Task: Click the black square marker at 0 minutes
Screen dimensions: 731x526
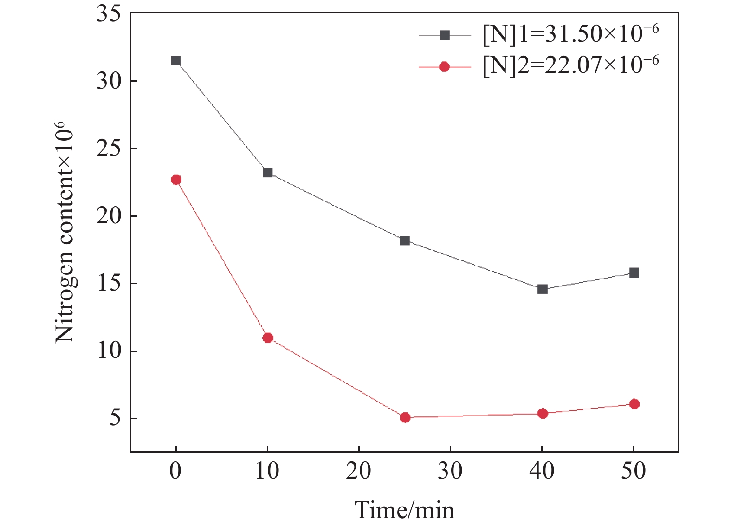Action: click(x=175, y=61)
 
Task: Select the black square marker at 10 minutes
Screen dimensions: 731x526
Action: click(x=268, y=173)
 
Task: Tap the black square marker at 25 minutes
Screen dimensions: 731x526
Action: click(x=405, y=241)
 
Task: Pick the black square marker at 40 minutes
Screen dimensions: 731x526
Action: click(x=543, y=289)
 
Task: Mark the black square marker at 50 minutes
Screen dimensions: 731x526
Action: click(x=634, y=273)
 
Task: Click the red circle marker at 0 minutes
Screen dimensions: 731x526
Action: click(x=176, y=180)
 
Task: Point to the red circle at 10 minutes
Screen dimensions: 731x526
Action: click(x=268, y=338)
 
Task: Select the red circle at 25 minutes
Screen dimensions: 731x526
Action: click(x=405, y=418)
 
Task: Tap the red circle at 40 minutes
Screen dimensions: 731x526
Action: click(x=543, y=414)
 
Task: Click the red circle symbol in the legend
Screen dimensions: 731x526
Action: click(x=445, y=67)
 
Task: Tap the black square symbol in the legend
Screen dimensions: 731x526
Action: click(x=445, y=35)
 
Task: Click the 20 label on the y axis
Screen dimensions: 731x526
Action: click(x=109, y=216)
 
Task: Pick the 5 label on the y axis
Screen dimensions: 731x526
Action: click(x=115, y=418)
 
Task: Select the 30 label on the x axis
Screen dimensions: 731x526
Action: click(x=450, y=472)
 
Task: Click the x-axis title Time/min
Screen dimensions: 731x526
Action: click(x=404, y=510)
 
